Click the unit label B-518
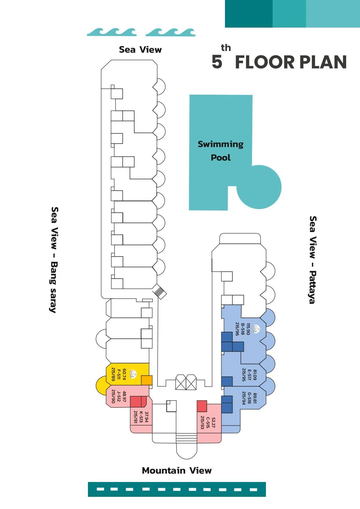pos(243,329)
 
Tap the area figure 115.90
pos(248,329)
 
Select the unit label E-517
pos(249,375)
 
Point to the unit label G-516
pos(249,398)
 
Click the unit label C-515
pos(208,423)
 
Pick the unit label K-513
pos(141,417)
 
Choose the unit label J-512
pos(119,397)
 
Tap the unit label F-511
pos(119,375)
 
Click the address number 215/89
pos(113,374)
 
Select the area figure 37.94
pos(147,417)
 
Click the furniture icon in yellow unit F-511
pos(133,374)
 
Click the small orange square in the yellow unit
pos(147,381)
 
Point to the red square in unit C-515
pos(202,406)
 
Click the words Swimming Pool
pos(221,151)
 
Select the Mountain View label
pos(177,470)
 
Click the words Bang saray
pos(54,287)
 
